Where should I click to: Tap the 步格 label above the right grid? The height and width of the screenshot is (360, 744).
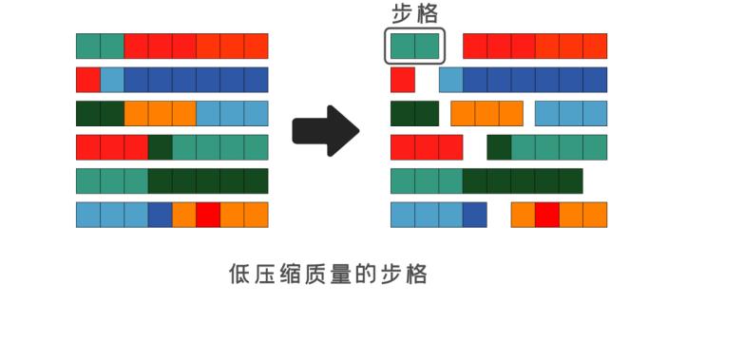pos(415,13)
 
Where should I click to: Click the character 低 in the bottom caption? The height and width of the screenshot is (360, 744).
pos(239,275)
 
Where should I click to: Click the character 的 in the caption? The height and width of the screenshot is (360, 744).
pos(367,275)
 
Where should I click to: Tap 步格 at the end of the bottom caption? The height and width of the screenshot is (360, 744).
pos(403,275)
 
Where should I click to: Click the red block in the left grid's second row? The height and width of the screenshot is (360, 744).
pos(87,80)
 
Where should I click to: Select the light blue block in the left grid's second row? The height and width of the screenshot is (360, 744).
pos(112,80)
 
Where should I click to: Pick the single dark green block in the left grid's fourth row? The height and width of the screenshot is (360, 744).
pos(160,147)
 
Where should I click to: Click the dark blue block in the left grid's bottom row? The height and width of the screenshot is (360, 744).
pos(160,215)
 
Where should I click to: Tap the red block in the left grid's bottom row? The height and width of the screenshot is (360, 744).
pos(208,215)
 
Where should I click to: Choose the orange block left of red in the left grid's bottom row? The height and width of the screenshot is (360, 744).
pos(184,215)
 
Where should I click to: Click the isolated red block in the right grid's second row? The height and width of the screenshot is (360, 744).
pos(403,80)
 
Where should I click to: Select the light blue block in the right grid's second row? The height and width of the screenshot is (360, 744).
pos(450,80)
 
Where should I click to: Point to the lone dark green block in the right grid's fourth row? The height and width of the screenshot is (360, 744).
pos(499,147)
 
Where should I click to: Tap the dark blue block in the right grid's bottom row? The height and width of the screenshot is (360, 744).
pos(474,215)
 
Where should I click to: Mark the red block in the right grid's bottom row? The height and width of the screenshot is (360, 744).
pos(546,215)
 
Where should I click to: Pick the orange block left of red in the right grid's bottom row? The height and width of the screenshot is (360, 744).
pos(523,215)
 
